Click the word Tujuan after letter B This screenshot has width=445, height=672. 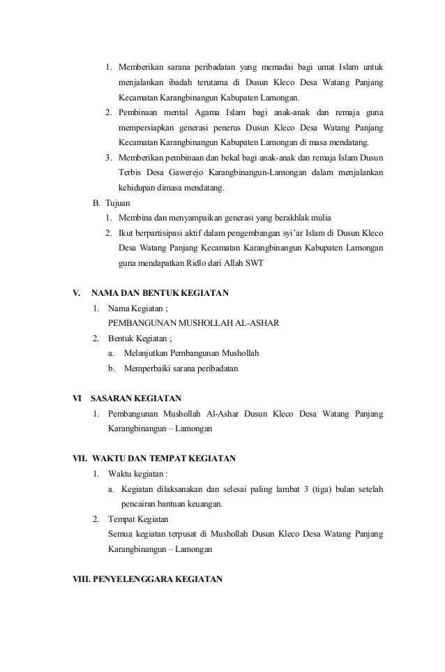pyautogui.click(x=117, y=203)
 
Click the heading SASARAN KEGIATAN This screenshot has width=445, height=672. pyautogui.click(x=136, y=398)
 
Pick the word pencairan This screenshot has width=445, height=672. pyautogui.click(x=140, y=503)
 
